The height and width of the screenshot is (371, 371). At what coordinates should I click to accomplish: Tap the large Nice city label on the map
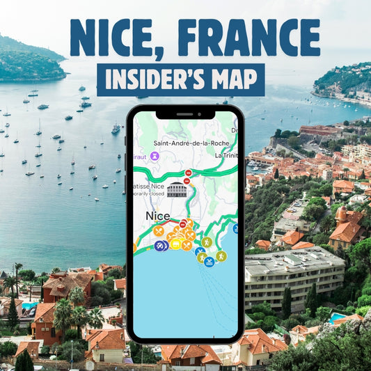click(157, 216)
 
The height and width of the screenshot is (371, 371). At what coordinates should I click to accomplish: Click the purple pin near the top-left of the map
click(155, 156)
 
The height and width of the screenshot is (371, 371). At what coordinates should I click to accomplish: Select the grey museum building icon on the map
click(177, 190)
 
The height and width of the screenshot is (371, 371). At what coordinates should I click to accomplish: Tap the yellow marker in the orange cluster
click(175, 244)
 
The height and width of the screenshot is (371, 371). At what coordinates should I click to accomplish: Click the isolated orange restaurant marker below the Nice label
click(159, 231)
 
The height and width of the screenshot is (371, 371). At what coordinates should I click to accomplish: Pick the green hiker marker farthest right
click(221, 256)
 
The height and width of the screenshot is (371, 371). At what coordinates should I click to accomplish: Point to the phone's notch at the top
click(185, 113)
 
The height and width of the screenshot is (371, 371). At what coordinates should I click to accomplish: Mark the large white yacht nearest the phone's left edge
click(116, 129)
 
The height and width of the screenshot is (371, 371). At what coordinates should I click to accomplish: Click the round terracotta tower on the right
click(342, 213)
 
